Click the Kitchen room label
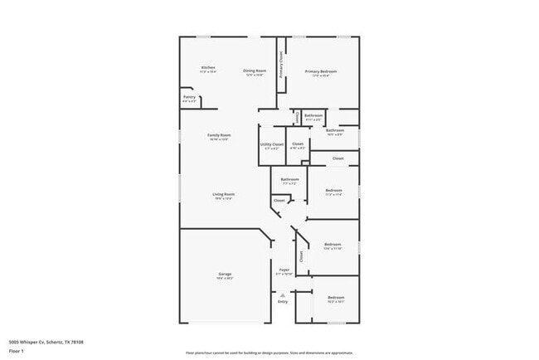coord(208,67)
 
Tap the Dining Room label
coord(255,71)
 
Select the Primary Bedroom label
coord(320,71)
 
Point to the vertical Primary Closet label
coord(282,65)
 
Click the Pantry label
coord(189,97)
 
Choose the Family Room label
coord(219,135)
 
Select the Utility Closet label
coord(272,144)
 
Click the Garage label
coord(225,274)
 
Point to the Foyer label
coord(283,270)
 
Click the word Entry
coord(283,302)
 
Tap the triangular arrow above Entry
coord(283,294)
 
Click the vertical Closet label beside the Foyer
coord(301,257)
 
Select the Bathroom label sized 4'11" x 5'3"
coord(313,115)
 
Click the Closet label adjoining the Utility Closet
coord(298,144)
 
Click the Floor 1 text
coord(17,351)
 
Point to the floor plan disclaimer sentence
coord(269,352)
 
